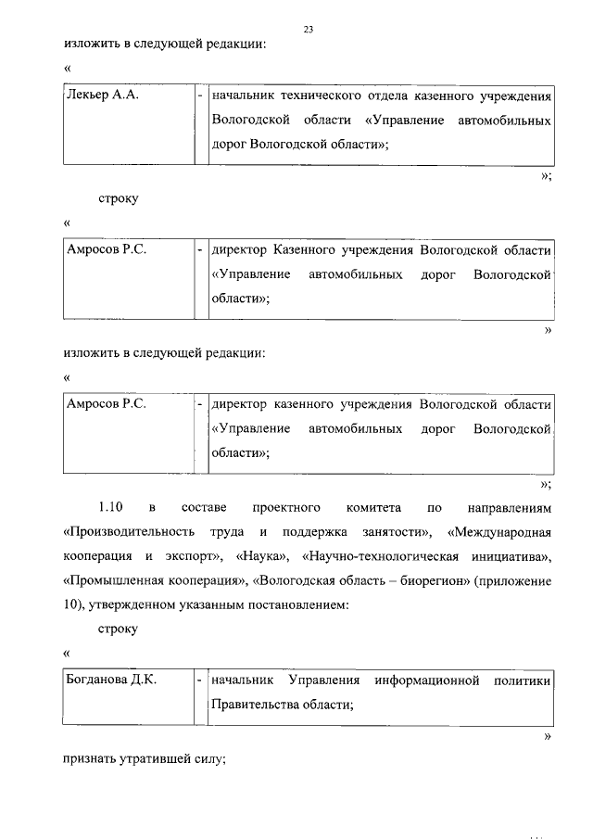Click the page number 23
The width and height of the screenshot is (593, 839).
(309, 30)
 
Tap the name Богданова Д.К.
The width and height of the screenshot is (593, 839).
(111, 680)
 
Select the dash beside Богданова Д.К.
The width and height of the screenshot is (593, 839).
(200, 680)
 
